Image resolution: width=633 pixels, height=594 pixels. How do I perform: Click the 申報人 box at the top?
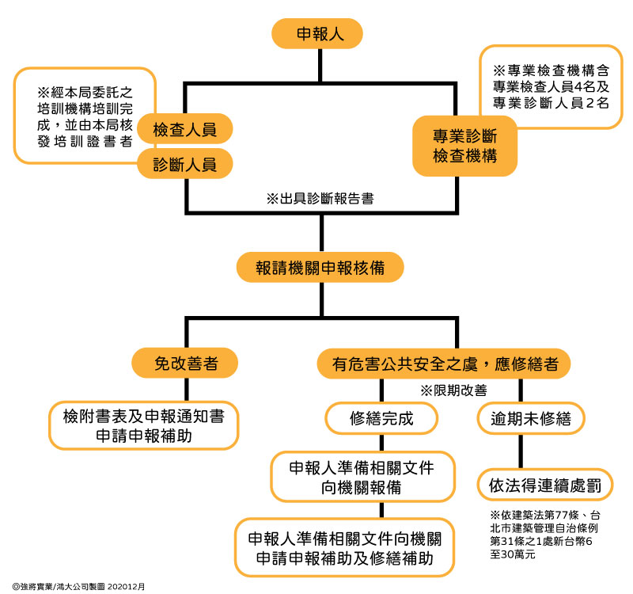[x=317, y=33]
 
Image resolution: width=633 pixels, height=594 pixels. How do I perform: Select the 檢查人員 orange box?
[x=185, y=129]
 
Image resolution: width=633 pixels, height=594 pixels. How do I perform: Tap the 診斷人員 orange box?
[x=185, y=164]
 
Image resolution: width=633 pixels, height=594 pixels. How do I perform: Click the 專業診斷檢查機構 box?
[x=464, y=146]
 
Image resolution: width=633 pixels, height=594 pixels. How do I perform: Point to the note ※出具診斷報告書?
[x=320, y=199]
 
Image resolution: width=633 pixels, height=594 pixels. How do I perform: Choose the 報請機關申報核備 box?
[x=320, y=268]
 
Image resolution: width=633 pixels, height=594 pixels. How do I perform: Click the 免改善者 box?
[x=185, y=363]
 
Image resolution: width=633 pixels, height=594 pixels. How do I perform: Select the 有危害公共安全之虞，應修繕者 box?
[x=444, y=364]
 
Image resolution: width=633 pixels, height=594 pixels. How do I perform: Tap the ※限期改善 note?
[x=453, y=390]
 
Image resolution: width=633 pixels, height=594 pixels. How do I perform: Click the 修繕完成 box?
[x=381, y=418]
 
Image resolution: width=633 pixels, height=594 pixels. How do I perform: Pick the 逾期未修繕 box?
[x=531, y=418]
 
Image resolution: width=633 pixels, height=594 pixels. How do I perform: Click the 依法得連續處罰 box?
[x=545, y=485]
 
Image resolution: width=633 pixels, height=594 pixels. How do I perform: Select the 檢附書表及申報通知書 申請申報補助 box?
[x=144, y=425]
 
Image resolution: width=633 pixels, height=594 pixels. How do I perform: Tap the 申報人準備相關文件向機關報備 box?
[x=362, y=477]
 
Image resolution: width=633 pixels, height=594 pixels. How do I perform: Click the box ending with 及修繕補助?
[x=344, y=547]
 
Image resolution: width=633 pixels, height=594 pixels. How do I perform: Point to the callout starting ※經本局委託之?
[x=85, y=116]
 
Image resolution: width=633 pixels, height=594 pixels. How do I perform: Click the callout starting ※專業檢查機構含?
[x=551, y=87]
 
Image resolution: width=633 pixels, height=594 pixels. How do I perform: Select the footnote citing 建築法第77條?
[x=544, y=534]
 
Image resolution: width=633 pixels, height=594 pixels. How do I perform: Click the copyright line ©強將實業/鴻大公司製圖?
[x=78, y=586]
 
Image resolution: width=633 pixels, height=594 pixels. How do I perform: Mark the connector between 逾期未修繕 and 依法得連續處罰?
[x=521, y=451]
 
